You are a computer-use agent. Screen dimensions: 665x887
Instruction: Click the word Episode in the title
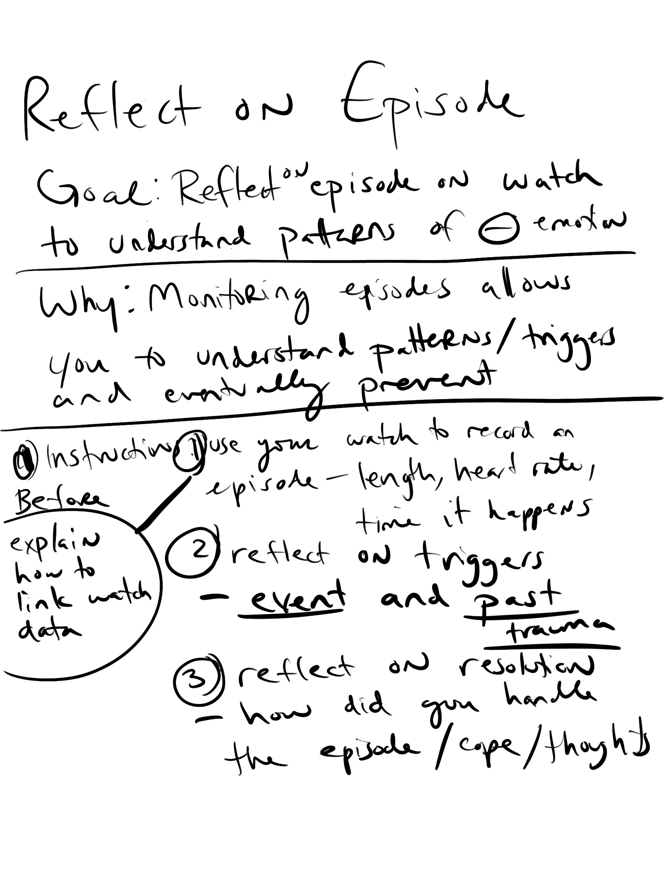[431, 102]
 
